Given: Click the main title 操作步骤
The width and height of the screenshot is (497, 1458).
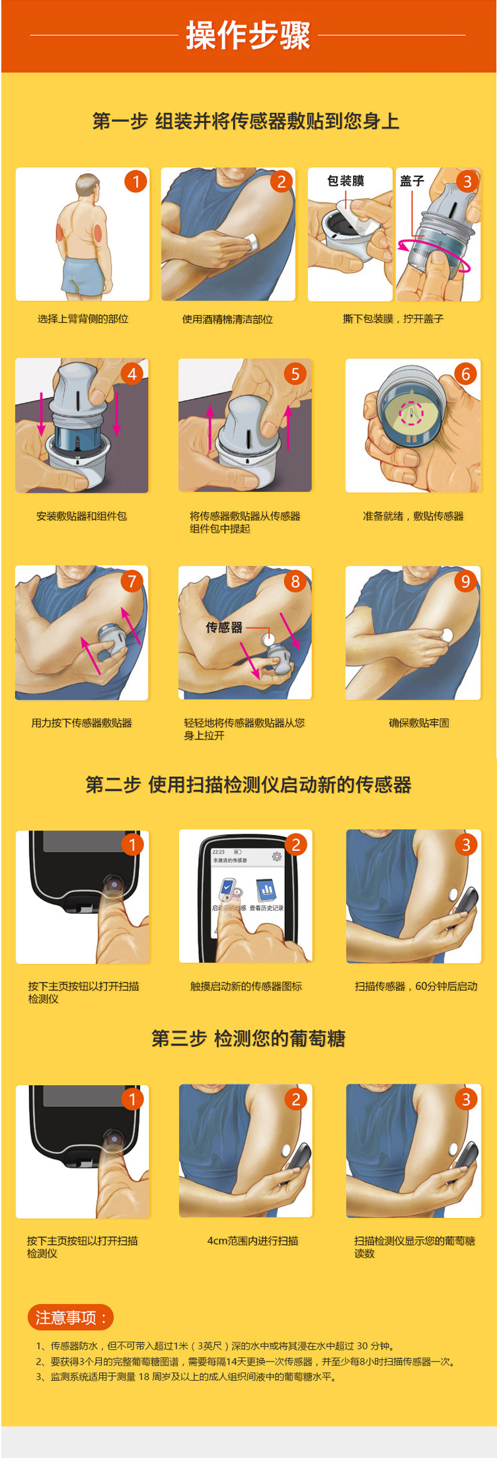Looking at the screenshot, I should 248,36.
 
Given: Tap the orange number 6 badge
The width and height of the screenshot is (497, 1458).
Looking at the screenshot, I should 465,374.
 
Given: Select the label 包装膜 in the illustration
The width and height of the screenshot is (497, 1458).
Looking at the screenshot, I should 345,181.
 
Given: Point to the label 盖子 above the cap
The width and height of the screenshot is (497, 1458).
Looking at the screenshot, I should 412,181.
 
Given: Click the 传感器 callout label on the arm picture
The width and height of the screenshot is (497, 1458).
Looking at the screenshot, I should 224,628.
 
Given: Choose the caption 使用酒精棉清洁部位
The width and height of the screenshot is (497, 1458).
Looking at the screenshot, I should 227,319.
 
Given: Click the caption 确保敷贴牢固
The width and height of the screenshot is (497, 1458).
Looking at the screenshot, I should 419,723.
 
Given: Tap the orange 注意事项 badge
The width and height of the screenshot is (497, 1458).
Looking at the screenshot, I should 70,1317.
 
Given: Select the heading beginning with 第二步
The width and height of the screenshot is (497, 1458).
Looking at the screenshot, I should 248,785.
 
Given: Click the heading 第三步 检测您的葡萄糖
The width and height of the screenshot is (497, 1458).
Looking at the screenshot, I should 248,1038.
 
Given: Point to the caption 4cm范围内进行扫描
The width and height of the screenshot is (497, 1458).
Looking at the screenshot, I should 252,1240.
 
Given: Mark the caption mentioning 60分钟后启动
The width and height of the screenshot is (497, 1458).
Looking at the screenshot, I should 416,986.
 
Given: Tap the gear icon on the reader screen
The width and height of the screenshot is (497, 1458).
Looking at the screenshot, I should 276,857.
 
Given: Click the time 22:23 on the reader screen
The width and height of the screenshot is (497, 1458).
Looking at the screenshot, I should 219,852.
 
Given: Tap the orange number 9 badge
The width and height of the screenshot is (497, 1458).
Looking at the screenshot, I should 465,581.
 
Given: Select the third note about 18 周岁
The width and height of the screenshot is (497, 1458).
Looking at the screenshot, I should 187,1377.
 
